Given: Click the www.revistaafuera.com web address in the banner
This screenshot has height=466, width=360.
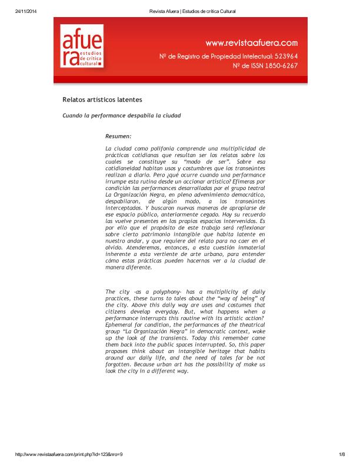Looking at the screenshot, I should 251,42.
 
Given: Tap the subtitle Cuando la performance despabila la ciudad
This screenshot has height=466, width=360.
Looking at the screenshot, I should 121,115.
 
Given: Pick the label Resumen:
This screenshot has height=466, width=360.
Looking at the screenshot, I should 118,136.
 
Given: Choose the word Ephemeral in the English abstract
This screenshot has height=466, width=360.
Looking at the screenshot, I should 121,324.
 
